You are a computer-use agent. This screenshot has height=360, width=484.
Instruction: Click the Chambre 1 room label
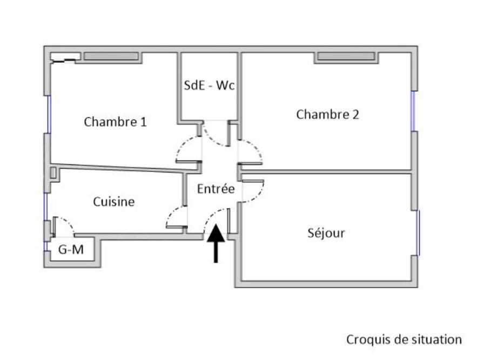point(115,122)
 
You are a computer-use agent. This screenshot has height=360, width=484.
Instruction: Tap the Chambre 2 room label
point(328,115)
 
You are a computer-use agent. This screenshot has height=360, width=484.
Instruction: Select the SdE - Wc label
point(209,86)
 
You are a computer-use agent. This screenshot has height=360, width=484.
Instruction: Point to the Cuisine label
point(113,202)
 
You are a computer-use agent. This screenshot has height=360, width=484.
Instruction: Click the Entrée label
point(216,189)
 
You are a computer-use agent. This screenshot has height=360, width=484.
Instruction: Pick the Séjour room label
point(326,234)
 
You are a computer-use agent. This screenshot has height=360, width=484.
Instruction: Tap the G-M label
point(70,250)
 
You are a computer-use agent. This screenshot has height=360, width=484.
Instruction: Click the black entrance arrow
point(216,243)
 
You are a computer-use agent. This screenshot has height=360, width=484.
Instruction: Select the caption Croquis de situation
point(404,339)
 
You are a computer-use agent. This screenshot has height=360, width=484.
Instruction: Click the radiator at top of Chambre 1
point(112,56)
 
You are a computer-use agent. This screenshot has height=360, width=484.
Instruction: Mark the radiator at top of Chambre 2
point(346,57)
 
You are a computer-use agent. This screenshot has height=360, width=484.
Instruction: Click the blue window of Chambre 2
point(413,111)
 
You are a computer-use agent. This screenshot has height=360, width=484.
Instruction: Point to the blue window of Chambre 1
point(48,114)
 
